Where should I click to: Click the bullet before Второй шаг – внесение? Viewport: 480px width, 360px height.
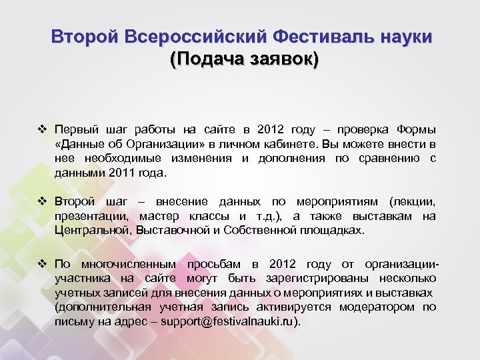pyautogui.click(x=43, y=201)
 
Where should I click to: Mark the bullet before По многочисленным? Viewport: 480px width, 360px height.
pyautogui.click(x=43, y=263)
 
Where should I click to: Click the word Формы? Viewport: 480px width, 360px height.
pyautogui.click(x=416, y=129)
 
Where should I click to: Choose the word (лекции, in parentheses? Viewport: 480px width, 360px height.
pyautogui.click(x=413, y=201)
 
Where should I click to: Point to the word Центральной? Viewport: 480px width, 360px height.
pyautogui.click(x=93, y=231)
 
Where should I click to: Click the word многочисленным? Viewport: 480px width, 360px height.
pyautogui.click(x=124, y=263)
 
